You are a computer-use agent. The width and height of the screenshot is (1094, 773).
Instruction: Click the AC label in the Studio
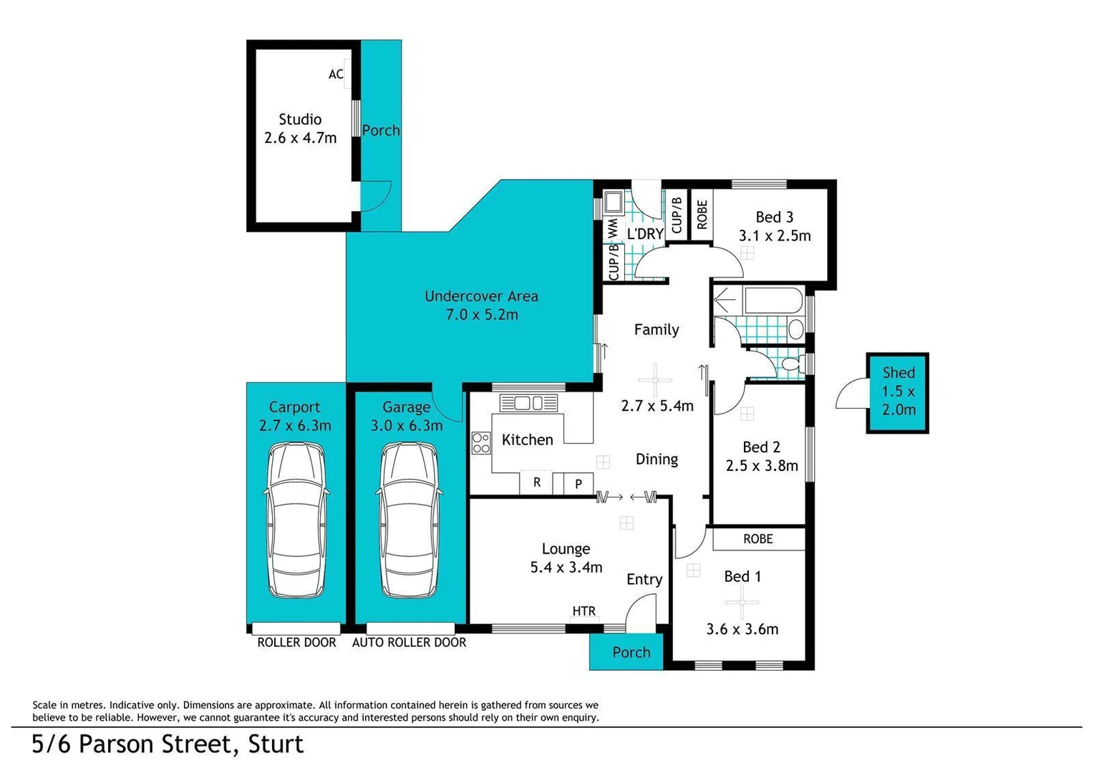pyautogui.click(x=336, y=74)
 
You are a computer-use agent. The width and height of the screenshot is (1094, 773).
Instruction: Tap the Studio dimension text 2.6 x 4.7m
pyautogui.click(x=300, y=138)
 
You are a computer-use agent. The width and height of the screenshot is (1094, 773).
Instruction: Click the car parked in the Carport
pyautogui.click(x=295, y=520)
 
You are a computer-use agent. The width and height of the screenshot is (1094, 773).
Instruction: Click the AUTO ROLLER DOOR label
pyautogui.click(x=409, y=643)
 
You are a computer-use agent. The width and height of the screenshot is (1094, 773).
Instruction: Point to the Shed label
pyautogui.click(x=898, y=373)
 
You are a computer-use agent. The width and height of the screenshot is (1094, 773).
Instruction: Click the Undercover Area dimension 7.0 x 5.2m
pyautogui.click(x=481, y=314)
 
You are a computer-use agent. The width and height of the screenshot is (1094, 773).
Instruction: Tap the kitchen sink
pyautogui.click(x=528, y=403)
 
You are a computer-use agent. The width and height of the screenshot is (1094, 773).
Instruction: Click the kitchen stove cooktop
pyautogui.click(x=480, y=443)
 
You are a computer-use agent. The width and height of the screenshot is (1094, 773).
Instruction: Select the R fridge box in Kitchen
pyautogui.click(x=536, y=483)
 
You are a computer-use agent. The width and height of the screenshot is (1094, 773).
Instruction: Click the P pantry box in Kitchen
pyautogui.click(x=579, y=485)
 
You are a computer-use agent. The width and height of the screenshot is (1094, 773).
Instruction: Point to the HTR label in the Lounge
pyautogui.click(x=584, y=611)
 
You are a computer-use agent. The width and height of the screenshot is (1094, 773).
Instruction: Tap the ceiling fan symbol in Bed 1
pyautogui.click(x=742, y=602)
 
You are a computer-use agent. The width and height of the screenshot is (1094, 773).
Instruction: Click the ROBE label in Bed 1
pyautogui.click(x=757, y=539)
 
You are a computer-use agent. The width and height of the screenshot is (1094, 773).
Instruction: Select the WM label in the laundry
pyautogui.click(x=613, y=229)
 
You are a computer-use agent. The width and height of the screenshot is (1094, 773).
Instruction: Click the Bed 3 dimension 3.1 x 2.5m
pyautogui.click(x=775, y=235)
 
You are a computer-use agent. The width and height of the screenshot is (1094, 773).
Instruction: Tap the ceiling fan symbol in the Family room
pyautogui.click(x=655, y=380)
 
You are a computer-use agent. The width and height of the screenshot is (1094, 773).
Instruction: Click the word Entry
pyautogui.click(x=644, y=580)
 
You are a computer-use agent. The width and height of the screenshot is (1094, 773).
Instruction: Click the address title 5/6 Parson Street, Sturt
pyautogui.click(x=168, y=744)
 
